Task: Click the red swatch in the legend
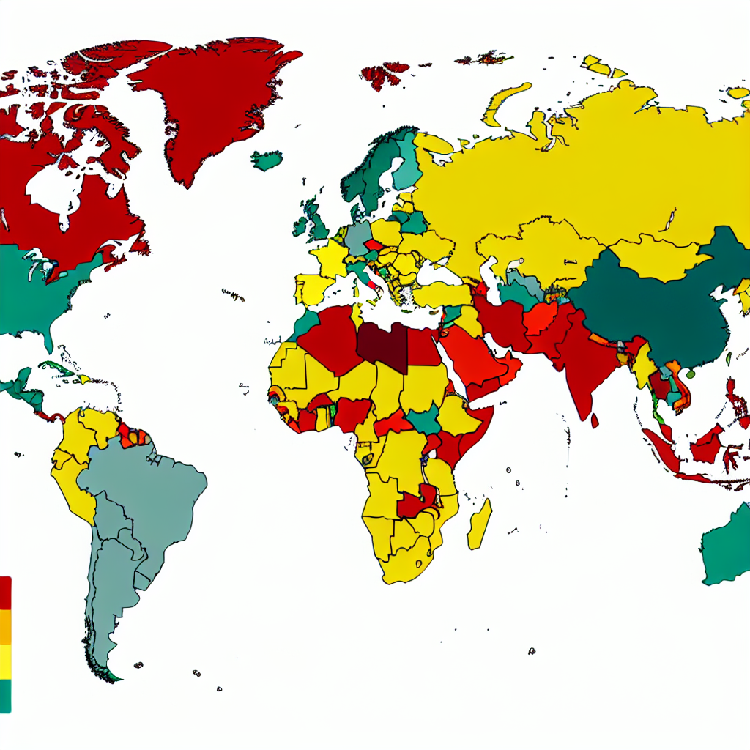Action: (x=5, y=592)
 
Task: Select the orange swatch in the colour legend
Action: (x=5, y=627)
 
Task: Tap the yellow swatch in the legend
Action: (x=5, y=661)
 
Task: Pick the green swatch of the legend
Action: (x=5, y=695)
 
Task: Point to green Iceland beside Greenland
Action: (x=267, y=160)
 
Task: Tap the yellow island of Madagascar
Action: (x=480, y=524)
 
